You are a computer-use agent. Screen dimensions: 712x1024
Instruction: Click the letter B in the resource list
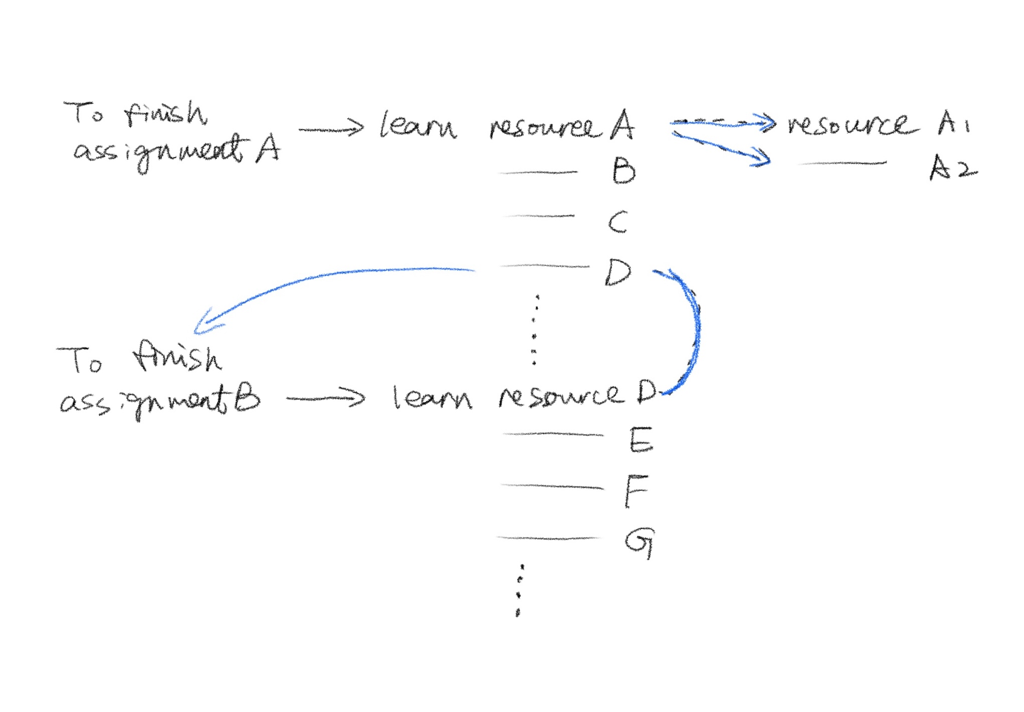624,170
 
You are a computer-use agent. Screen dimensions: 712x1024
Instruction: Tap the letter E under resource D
641,440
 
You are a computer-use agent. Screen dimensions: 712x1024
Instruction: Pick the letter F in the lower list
636,491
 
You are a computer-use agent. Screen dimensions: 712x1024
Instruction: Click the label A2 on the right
953,167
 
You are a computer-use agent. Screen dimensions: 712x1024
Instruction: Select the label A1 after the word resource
953,123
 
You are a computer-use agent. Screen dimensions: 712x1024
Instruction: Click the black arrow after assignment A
331,129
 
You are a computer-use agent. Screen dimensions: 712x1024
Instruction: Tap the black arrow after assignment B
326,399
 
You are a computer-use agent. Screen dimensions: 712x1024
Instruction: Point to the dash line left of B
538,172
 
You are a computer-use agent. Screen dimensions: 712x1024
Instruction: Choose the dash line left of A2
842,163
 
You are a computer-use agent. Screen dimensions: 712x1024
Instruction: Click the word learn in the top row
418,125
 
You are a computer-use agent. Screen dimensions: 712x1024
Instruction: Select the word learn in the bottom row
432,399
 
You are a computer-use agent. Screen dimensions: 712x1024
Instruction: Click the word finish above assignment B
176,358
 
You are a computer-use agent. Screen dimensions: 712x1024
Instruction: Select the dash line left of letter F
552,486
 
